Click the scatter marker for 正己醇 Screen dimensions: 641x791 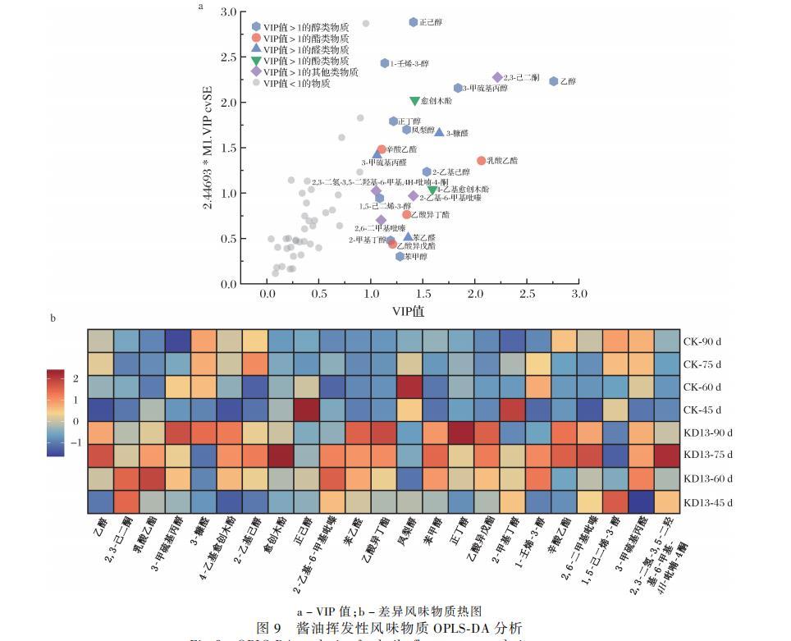[x=414, y=22]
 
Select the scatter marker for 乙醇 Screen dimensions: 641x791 [x=554, y=81]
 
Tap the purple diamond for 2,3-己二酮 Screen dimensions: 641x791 [x=497, y=77]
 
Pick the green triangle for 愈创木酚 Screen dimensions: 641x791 [x=415, y=101]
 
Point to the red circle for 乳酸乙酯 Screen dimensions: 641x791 [x=482, y=161]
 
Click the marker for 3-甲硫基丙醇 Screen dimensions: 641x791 [x=458, y=88]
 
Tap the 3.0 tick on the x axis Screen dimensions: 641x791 [x=579, y=294]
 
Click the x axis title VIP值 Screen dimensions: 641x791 [x=409, y=310]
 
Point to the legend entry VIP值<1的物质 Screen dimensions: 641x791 [x=296, y=83]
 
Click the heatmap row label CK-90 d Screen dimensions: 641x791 [x=703, y=341]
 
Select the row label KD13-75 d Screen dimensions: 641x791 [x=708, y=455]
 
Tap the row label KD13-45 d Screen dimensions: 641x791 [x=708, y=501]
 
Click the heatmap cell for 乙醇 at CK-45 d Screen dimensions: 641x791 [x=101, y=409]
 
